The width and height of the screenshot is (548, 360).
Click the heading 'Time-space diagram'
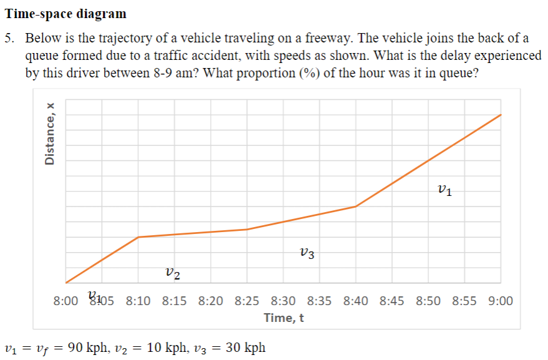click(65, 13)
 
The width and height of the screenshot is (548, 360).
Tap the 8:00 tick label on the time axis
click(67, 301)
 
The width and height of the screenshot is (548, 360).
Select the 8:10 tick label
click(138, 301)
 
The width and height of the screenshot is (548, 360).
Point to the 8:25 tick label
click(248, 301)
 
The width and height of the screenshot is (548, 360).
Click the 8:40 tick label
click(356, 301)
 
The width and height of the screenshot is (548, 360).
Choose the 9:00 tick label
click(501, 301)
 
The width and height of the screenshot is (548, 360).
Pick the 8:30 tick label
click(284, 301)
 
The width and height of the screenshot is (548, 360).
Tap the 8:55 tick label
click(464, 301)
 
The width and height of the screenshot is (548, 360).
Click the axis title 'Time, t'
click(284, 318)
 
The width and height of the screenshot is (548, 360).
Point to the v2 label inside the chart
click(174, 272)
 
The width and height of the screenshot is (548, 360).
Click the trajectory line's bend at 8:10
click(138, 237)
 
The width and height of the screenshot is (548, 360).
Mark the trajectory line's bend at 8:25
click(248, 229)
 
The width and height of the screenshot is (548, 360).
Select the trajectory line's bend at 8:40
click(356, 206)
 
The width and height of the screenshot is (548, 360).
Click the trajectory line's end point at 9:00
click(501, 115)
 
